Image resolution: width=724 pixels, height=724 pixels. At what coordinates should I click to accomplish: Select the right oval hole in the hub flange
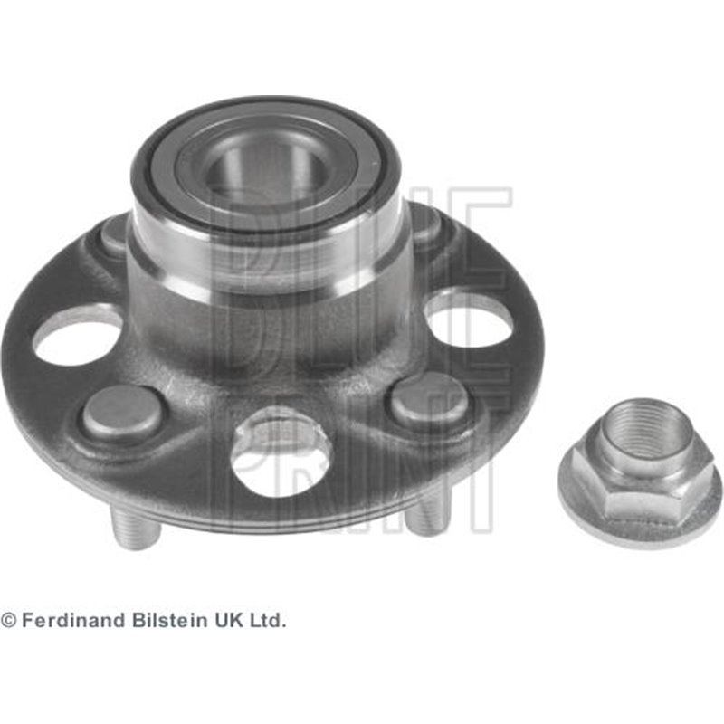pyautogui.click(x=468, y=318)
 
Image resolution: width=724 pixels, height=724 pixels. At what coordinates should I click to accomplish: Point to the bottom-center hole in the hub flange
pyautogui.click(x=281, y=455)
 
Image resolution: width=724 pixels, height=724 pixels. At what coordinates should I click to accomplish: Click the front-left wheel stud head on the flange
pyautogui.click(x=123, y=414)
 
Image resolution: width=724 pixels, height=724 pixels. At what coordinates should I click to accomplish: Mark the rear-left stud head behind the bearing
pyautogui.click(x=116, y=236)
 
